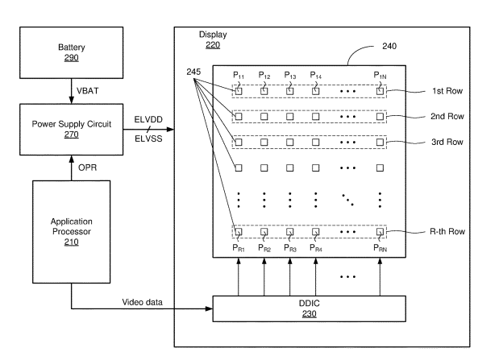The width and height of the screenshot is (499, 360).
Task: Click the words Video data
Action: click(143, 303)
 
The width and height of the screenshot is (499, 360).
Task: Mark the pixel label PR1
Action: click(239, 249)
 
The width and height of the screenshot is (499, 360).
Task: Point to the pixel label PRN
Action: click(380, 249)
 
